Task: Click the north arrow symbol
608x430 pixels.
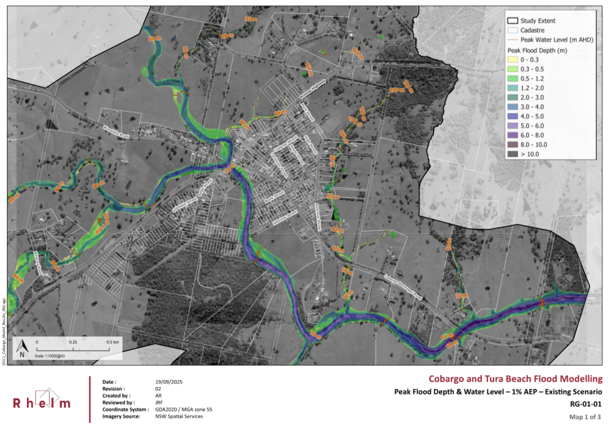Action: tap(22, 347)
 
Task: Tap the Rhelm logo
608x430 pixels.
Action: tap(42, 403)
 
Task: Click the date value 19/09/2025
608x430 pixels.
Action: tap(169, 382)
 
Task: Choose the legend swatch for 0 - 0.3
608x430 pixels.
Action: tap(513, 60)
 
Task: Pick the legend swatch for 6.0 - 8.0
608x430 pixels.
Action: tap(513, 135)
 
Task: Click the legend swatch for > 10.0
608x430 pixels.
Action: tap(513, 154)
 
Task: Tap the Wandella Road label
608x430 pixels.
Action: tap(116, 131)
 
